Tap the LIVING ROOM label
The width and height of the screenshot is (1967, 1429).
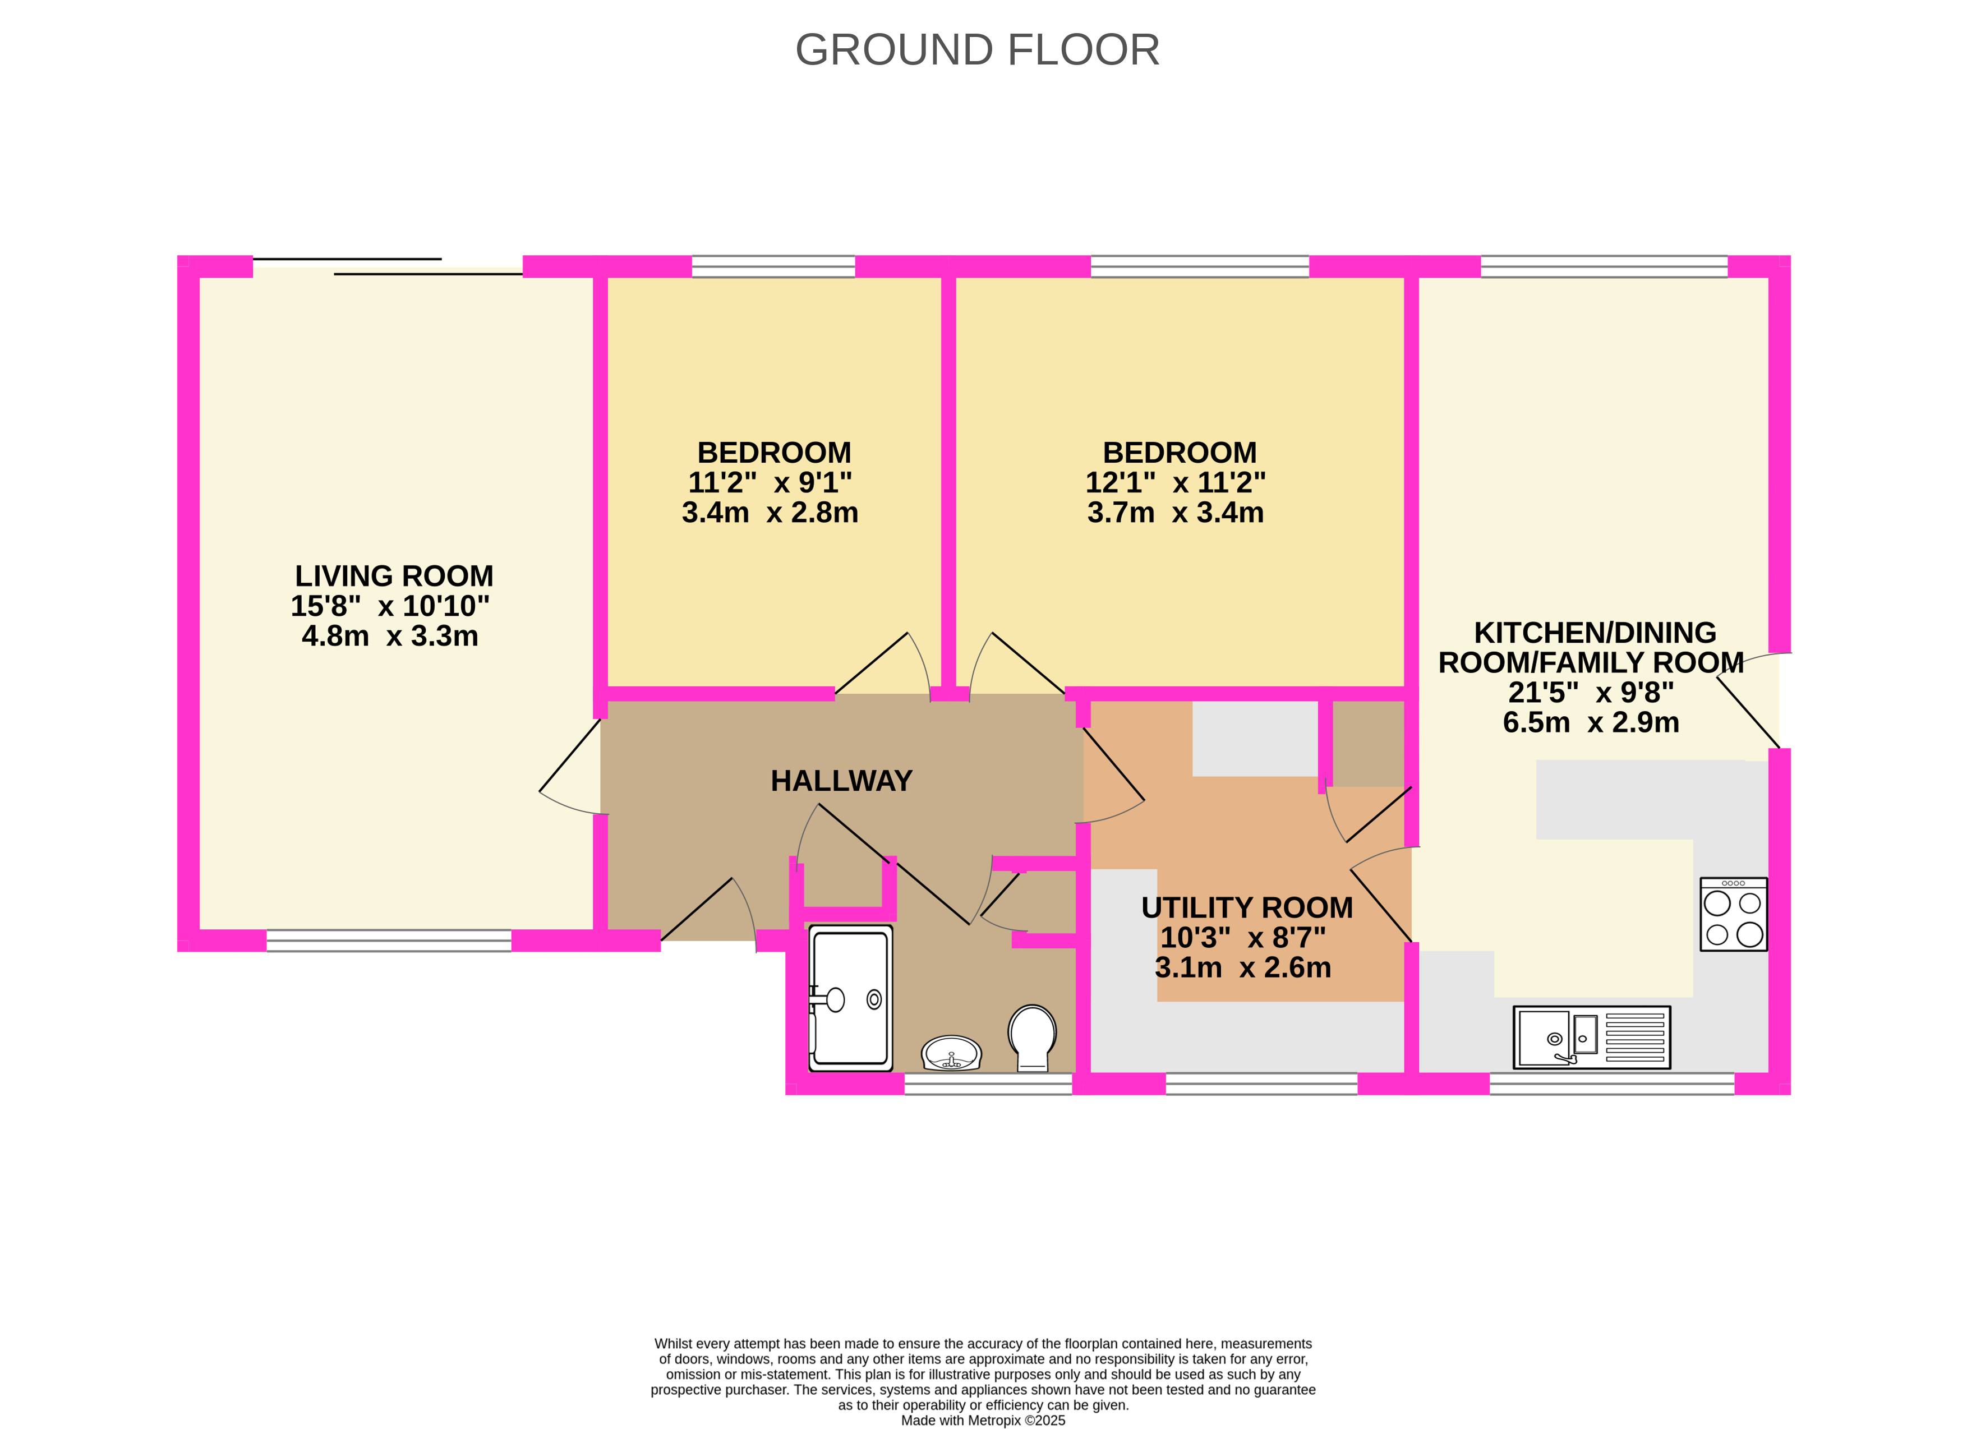coord(394,576)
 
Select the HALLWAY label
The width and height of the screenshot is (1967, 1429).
coord(841,781)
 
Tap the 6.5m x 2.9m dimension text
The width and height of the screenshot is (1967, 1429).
coord(1591,722)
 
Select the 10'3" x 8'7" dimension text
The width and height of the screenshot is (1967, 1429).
coord(1243,937)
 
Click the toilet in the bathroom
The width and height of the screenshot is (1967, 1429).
coord(1032,1038)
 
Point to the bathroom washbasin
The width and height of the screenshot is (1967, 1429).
coord(951,1053)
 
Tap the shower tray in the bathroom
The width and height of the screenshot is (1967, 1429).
coord(850,998)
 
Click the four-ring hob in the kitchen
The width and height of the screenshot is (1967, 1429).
coord(1733,914)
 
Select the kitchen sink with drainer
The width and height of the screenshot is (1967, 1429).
coord(1591,1037)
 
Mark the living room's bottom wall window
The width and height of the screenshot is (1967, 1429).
coord(389,941)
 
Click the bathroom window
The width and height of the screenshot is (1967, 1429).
coord(989,1084)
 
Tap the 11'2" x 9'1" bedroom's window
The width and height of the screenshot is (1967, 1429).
coord(773,266)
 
